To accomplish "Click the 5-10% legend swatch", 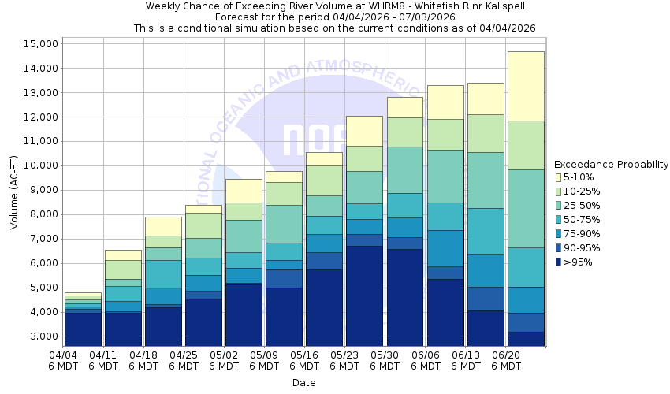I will pyautogui.click(x=559, y=177).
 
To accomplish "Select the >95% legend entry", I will pyautogui.click(x=579, y=262).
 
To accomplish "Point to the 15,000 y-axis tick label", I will pyautogui.click(x=38, y=43).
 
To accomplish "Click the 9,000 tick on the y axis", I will pyautogui.click(x=41, y=190).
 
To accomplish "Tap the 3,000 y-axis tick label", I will pyautogui.click(x=41, y=336).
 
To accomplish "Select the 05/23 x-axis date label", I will pyautogui.click(x=344, y=355).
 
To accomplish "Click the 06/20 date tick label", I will pyautogui.click(x=506, y=355).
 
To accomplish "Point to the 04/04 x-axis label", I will pyautogui.click(x=62, y=355).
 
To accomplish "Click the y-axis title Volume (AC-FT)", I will pyautogui.click(x=13, y=190).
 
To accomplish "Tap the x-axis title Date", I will pyautogui.click(x=303, y=383).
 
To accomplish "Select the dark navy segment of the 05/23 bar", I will pyautogui.click(x=363, y=295).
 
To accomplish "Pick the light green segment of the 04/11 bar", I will pyautogui.click(x=122, y=269).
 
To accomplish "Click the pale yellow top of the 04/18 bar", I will pyautogui.click(x=162, y=225).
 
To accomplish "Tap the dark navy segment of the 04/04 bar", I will pyautogui.click(x=82, y=329).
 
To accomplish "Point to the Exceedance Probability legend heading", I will pyautogui.click(x=611, y=165).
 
